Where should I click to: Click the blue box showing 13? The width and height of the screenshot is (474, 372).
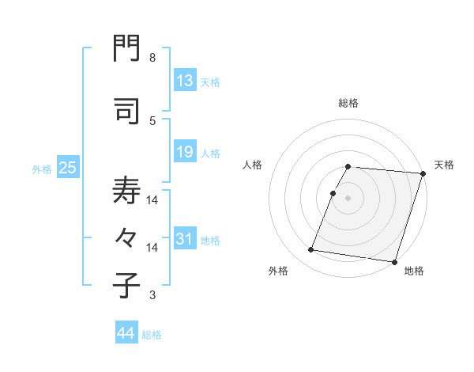[x=185, y=81]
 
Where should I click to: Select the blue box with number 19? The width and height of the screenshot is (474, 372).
[x=185, y=152]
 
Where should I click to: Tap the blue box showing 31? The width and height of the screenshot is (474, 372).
[x=185, y=239]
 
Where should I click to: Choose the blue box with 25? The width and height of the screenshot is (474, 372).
[x=67, y=168]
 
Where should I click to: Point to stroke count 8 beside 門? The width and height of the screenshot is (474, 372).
[x=152, y=58]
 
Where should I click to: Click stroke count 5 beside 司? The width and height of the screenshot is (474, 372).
[x=152, y=120]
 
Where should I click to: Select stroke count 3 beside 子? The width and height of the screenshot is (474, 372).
[x=152, y=295]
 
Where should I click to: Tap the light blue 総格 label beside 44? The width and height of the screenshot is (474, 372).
[x=152, y=335]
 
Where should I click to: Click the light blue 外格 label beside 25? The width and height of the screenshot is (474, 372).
[x=42, y=169]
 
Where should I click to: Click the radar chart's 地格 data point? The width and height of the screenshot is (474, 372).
[x=394, y=261]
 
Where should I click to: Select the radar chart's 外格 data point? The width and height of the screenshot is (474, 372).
[x=311, y=250]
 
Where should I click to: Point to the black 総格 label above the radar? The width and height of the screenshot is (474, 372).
[x=348, y=104]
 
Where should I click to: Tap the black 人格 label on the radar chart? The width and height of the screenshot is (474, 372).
[x=253, y=165]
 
